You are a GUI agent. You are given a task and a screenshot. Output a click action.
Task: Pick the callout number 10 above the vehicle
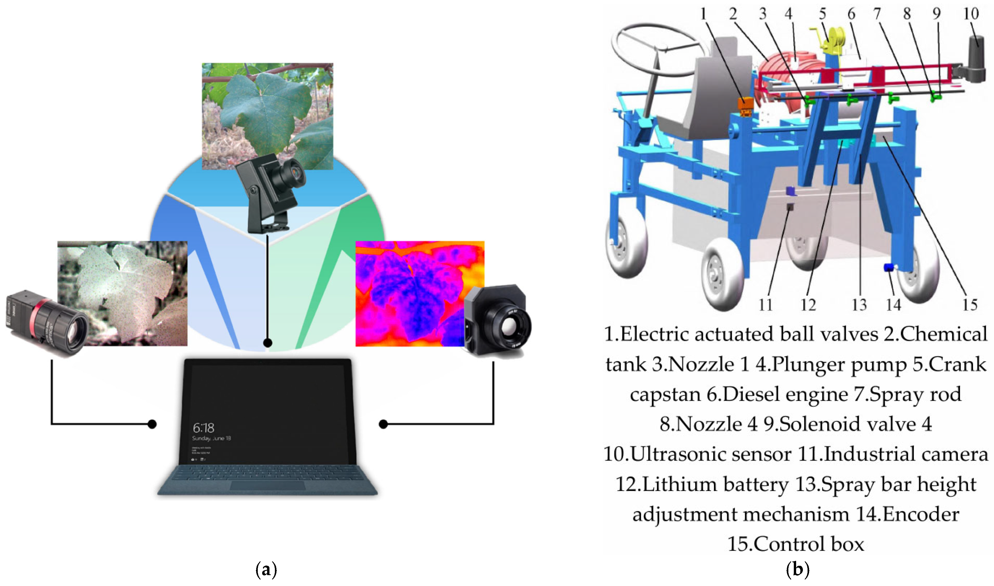[x=971, y=14]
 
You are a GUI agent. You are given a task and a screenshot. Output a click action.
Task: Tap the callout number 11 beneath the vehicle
[x=766, y=305]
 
